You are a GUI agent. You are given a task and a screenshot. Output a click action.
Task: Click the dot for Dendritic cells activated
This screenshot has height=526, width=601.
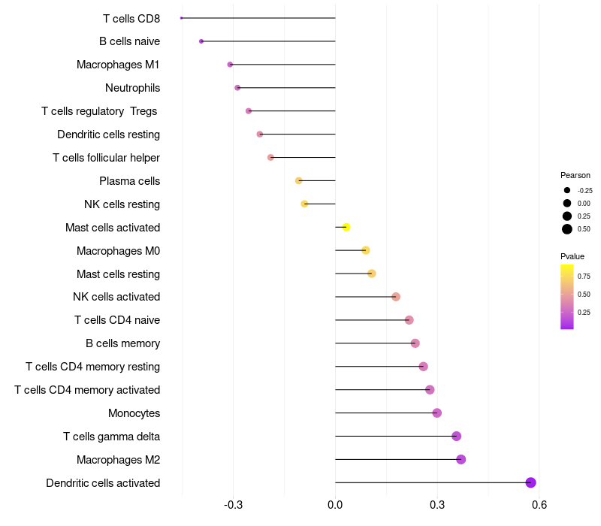click(x=530, y=482)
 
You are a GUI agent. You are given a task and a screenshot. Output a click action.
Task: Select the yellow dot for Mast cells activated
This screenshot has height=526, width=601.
click(x=346, y=227)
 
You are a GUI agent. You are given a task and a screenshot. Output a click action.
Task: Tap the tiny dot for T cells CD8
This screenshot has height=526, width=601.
click(x=182, y=18)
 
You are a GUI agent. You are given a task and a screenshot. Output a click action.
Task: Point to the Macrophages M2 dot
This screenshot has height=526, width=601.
click(x=461, y=459)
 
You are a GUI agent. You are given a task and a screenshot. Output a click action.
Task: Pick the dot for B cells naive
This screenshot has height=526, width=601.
click(x=201, y=41)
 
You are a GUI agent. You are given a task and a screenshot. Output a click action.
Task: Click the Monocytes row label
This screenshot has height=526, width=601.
click(x=134, y=413)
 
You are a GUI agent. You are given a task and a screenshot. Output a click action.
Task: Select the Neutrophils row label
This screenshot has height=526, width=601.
click(x=132, y=88)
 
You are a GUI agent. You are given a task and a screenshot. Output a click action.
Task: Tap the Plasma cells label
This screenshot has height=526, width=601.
click(x=129, y=181)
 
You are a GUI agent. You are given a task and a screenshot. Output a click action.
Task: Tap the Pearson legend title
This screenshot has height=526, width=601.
click(x=575, y=175)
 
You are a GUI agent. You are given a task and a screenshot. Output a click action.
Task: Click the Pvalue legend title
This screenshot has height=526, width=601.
click(x=572, y=256)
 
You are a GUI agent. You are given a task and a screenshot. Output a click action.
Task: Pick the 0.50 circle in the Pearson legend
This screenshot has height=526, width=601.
click(x=567, y=229)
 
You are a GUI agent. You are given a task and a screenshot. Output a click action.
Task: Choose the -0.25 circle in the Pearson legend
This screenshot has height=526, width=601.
click(x=567, y=190)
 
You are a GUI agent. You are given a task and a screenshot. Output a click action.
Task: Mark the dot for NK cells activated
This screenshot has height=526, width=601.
click(x=396, y=297)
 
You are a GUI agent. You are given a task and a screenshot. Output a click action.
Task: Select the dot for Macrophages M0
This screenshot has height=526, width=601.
click(x=366, y=250)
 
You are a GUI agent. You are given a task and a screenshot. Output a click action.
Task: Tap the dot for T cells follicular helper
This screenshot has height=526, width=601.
click(x=270, y=157)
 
